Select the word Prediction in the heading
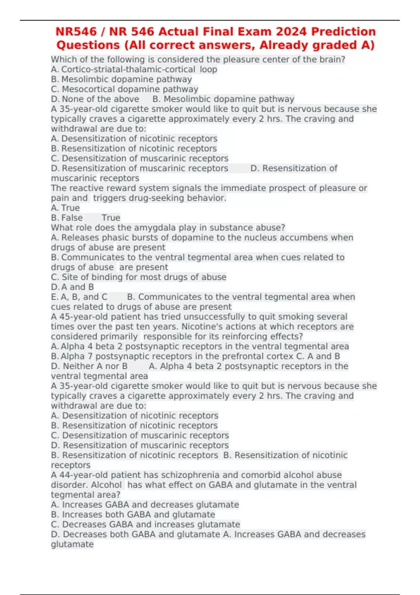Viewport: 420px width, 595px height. (x=343, y=31)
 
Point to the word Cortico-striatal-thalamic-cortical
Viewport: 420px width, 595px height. (x=128, y=69)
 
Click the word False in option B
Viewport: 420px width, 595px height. (x=72, y=218)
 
